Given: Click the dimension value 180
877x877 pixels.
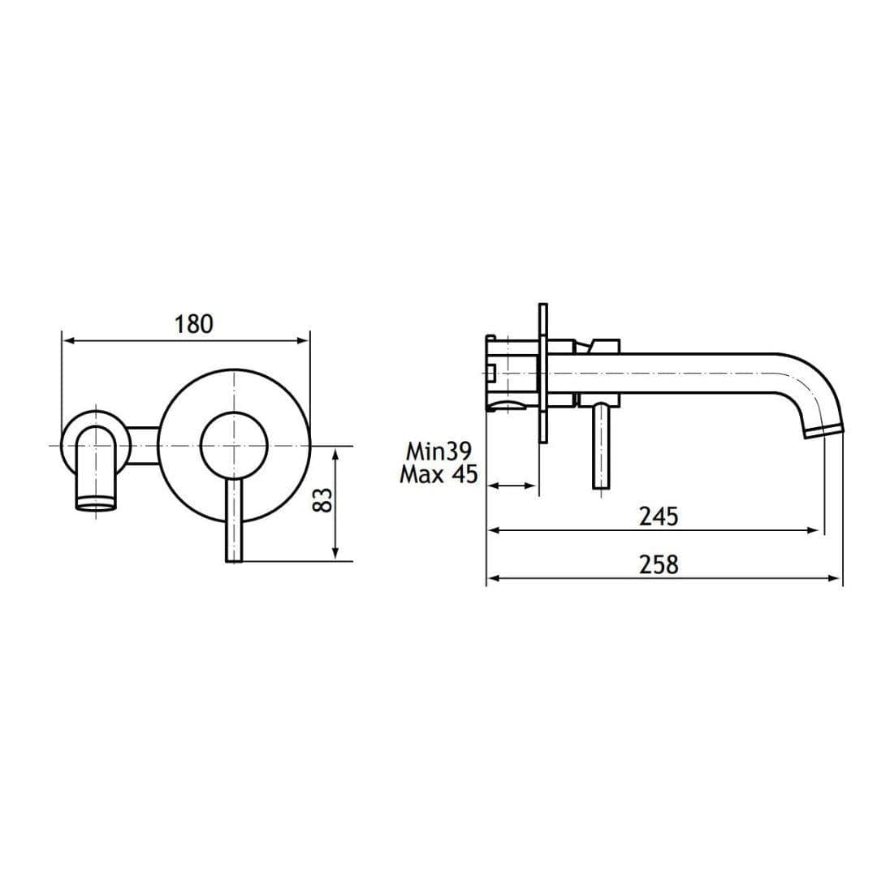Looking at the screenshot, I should (193, 324).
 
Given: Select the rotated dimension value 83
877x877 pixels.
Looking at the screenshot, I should (323, 499).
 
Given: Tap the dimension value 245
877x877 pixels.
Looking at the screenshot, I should (658, 516).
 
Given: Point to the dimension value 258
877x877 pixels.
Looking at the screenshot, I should (658, 564).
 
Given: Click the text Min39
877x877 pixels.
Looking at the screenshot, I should (439, 451).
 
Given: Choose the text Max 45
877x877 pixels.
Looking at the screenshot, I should (438, 474).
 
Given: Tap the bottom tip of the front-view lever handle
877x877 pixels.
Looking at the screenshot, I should (233, 559).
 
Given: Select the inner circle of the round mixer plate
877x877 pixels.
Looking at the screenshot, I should (234, 446).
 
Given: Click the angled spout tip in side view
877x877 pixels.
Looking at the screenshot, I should (823, 429).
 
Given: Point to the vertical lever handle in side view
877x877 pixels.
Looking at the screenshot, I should (600, 447).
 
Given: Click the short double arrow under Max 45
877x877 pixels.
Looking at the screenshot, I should (512, 486).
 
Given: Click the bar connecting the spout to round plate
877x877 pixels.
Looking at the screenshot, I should (143, 446).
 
